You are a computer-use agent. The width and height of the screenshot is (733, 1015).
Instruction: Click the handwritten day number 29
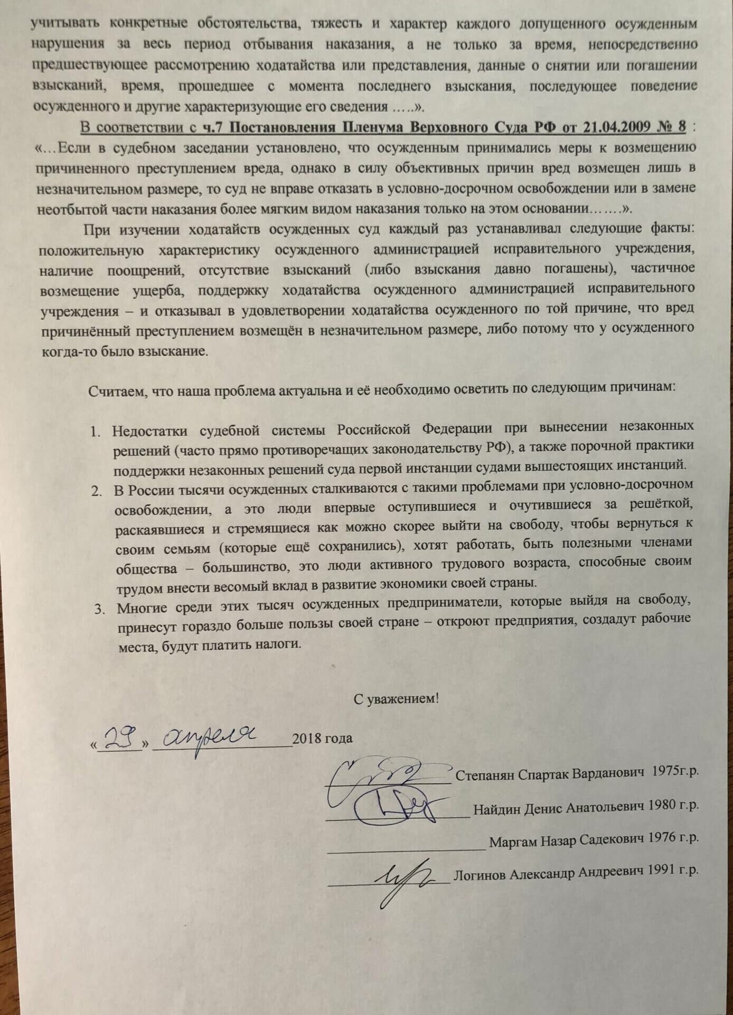[x=120, y=737]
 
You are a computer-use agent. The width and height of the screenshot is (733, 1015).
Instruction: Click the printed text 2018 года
[x=322, y=738]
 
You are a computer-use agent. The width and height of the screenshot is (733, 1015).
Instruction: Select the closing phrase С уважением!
[x=396, y=698]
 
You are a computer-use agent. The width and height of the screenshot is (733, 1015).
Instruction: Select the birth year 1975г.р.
[x=675, y=771]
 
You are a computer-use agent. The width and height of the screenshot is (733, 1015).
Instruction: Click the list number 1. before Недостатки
[x=95, y=432]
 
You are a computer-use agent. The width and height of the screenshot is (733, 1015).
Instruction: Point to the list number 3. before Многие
[x=100, y=609]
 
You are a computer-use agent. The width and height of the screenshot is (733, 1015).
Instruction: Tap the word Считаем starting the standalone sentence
[x=116, y=391]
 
